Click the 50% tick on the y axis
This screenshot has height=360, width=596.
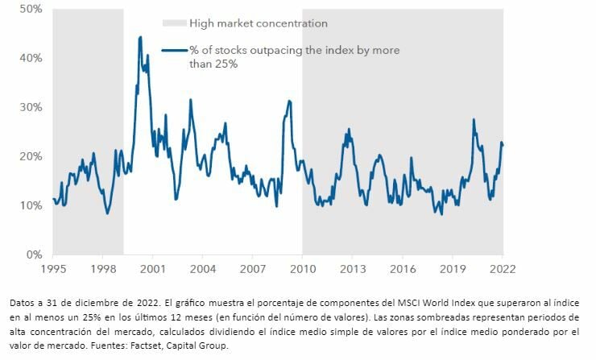[x=31, y=9]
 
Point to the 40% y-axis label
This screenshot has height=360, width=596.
[x=31, y=58]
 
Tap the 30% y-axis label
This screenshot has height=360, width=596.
[x=31, y=107]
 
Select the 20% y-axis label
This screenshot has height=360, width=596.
[x=31, y=156]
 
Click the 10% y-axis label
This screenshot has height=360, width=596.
[x=31, y=205]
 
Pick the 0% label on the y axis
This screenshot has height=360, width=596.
[x=34, y=254]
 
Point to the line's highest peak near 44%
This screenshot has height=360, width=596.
[x=140, y=37]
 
